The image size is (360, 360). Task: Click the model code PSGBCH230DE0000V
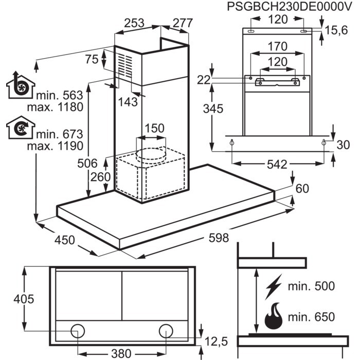(x=289, y=7)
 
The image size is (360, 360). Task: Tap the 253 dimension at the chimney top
(x=134, y=23)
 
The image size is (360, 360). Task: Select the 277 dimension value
(x=183, y=23)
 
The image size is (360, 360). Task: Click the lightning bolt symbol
(x=274, y=287)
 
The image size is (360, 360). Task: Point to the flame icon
(x=274, y=316)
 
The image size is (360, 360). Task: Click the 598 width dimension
(x=219, y=238)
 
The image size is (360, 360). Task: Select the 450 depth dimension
(x=64, y=240)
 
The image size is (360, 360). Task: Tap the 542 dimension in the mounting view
(x=277, y=165)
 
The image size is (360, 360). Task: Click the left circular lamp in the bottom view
(x=78, y=331)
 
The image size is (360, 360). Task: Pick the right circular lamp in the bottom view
(x=166, y=331)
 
